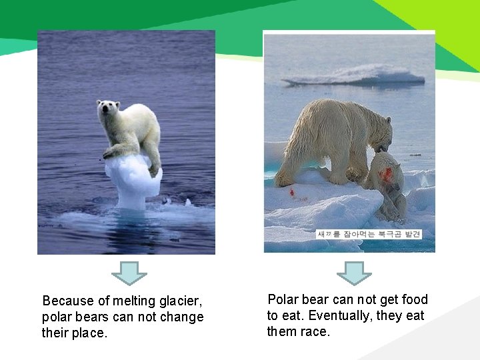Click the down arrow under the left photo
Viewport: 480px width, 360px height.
(129, 272)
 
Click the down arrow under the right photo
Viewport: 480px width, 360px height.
(354, 272)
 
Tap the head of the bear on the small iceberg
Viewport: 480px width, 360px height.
(108, 111)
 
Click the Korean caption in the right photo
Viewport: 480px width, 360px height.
(369, 235)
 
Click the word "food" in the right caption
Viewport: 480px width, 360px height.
(413, 300)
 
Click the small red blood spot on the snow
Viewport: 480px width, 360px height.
(291, 193)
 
